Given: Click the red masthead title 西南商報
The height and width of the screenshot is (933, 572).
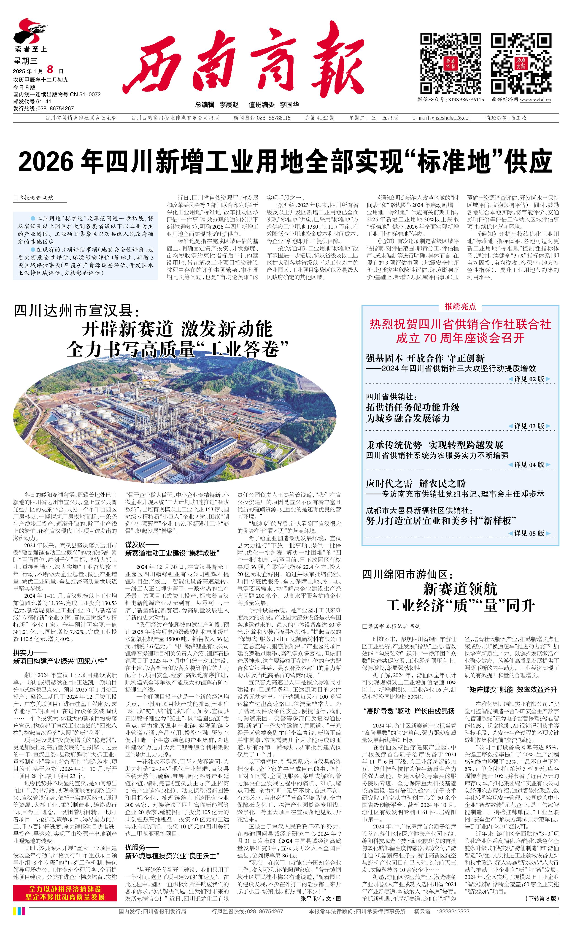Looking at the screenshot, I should (x=242, y=64).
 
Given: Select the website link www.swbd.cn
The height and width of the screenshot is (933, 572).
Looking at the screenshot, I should (x=535, y=100).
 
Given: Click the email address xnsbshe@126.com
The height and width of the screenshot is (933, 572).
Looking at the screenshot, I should (x=451, y=118).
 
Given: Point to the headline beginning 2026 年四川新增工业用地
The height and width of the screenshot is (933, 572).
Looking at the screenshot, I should (x=286, y=162).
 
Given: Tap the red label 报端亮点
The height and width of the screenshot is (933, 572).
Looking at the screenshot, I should (x=460, y=306).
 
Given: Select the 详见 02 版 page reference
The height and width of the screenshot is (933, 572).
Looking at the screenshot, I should (x=529, y=379).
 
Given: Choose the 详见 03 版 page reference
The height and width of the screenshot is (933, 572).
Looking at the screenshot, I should (x=529, y=426).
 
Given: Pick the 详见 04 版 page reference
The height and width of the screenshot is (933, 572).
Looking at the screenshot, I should (x=529, y=464).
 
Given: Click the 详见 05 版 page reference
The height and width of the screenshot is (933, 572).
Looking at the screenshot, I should (x=529, y=533).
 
